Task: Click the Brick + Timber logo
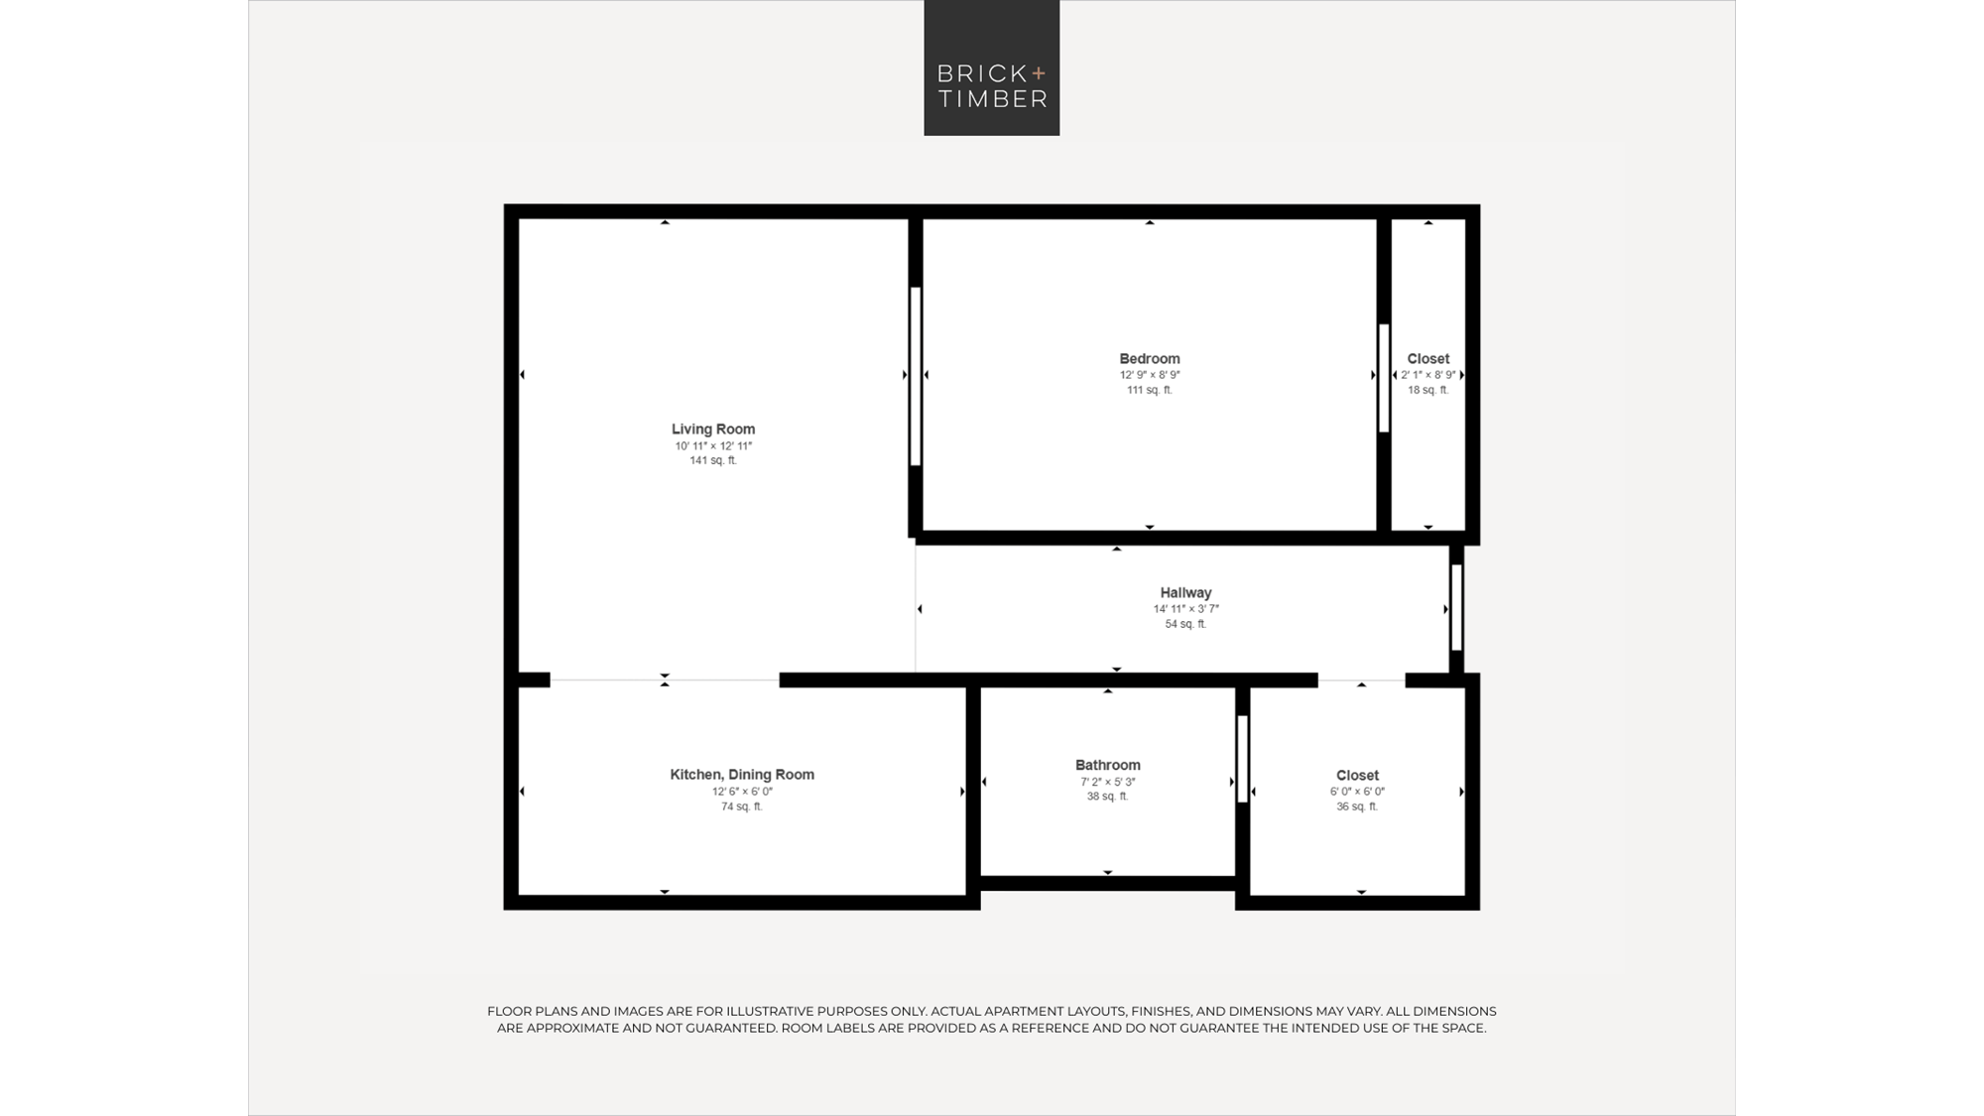coord(992,67)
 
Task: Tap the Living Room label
coord(713,430)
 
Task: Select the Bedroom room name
coord(1150,359)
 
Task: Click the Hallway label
coord(1185,593)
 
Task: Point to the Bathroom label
coord(1108,765)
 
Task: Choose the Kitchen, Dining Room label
coord(742,775)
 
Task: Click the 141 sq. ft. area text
coord(713,460)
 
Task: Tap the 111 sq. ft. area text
coord(1150,390)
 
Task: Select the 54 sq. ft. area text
coord(1185,624)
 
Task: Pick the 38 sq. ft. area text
coord(1108,796)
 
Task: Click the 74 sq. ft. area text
coord(742,806)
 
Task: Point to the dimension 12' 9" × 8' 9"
coord(1150,375)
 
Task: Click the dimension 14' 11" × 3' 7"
coord(1185,609)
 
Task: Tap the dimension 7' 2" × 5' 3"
coord(1108,782)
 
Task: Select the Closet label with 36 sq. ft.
coord(1357,776)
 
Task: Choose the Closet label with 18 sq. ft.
coord(1428,359)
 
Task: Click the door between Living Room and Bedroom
coord(916,376)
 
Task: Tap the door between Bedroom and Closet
coord(1384,378)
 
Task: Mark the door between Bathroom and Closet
coord(1242,759)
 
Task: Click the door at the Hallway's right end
coord(1456,607)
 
